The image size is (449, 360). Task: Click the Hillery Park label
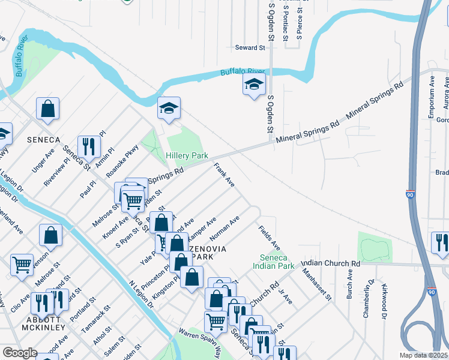pyautogui.click(x=187, y=155)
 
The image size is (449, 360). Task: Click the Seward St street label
pyautogui.click(x=250, y=47)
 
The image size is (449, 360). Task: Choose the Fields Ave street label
pyautogui.click(x=269, y=238)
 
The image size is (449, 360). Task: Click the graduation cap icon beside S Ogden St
pyautogui.click(x=254, y=85)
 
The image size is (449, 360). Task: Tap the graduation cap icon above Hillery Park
pyautogui.click(x=169, y=109)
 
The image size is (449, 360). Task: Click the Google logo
pyautogui.click(x=20, y=353)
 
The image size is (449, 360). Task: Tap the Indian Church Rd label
pyautogui.click(x=331, y=263)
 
